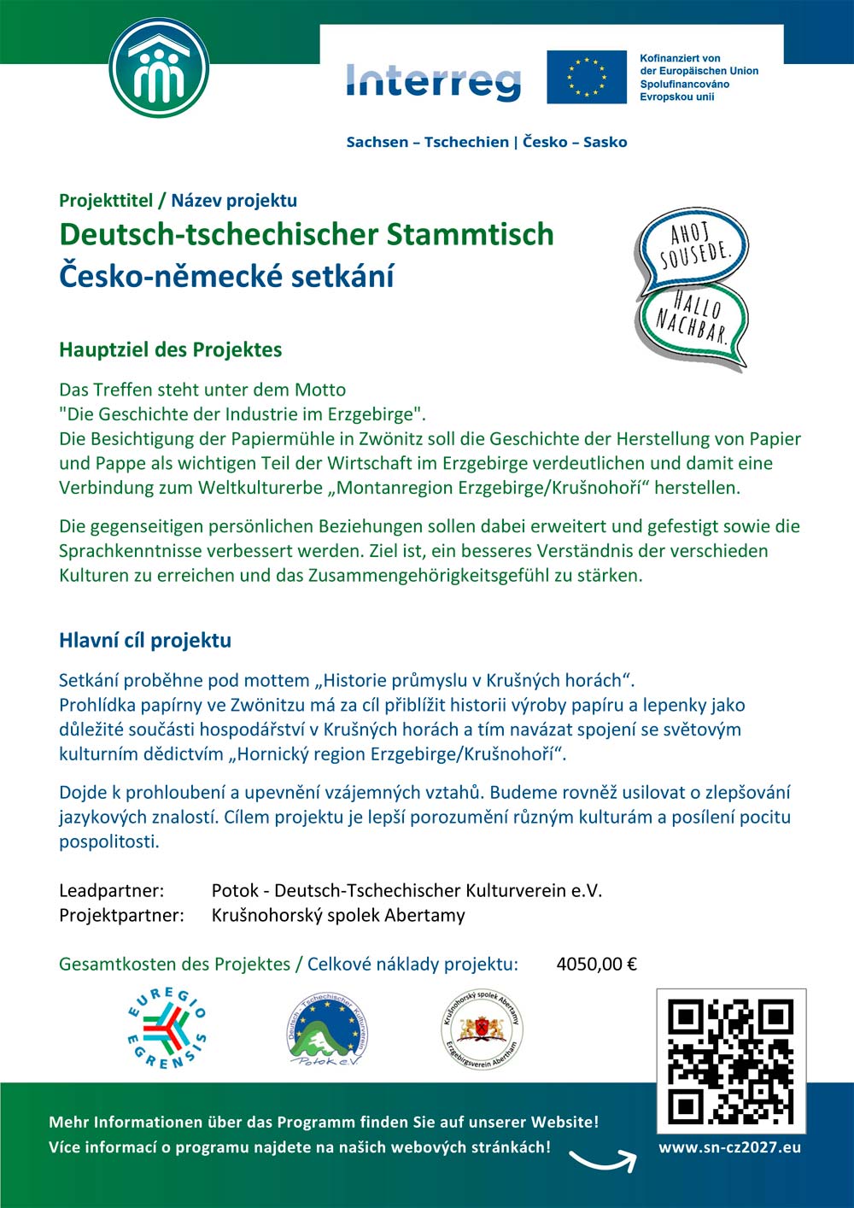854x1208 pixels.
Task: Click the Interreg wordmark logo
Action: [434, 81]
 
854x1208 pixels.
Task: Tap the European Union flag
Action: [587, 77]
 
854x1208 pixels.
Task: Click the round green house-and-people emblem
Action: [160, 68]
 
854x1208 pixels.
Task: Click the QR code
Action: [730, 1061]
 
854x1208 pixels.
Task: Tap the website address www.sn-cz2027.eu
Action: [729, 1147]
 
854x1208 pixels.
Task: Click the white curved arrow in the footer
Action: [602, 1160]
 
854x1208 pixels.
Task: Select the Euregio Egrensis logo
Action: [167, 1029]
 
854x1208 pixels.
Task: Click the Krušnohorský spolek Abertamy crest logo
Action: [482, 1029]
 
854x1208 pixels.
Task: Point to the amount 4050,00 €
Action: [596, 965]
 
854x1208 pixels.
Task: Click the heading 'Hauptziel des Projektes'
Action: [170, 349]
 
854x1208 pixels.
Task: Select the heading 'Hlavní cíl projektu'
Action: [145, 640]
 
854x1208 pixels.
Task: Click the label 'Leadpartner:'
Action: [111, 890]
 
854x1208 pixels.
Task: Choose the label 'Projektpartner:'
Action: [121, 915]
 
